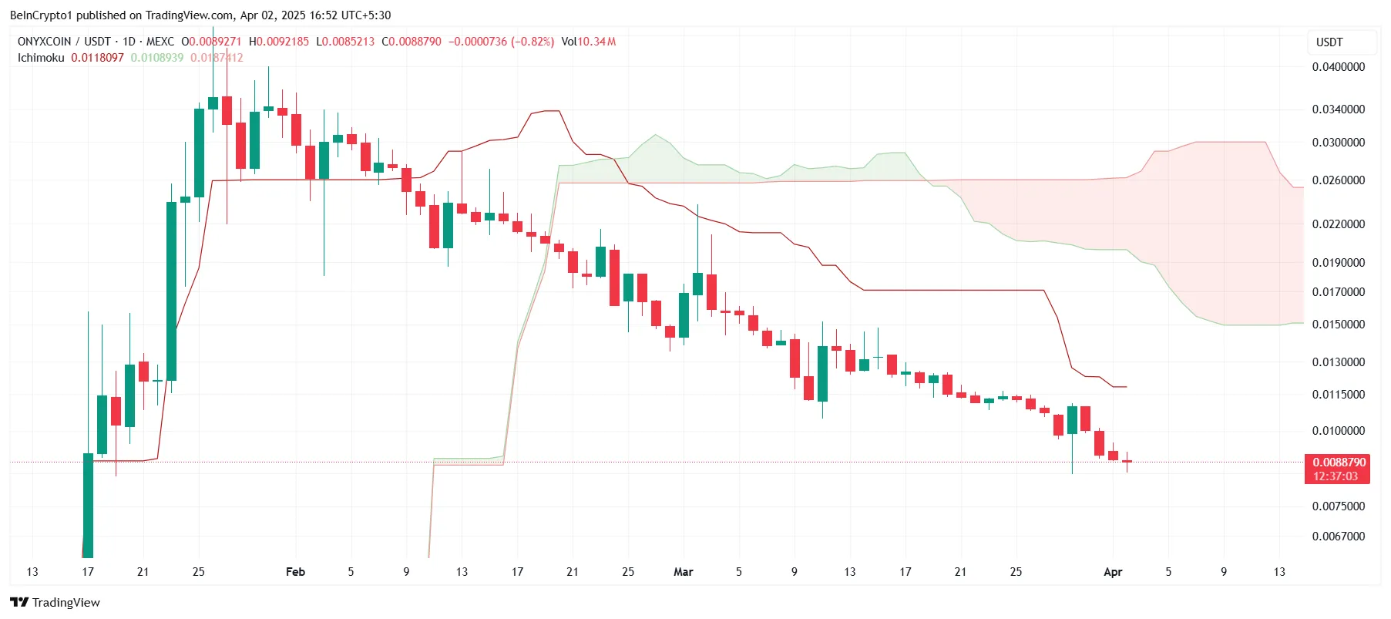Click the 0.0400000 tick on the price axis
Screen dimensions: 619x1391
pos(1338,67)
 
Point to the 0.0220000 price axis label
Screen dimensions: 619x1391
pos(1338,224)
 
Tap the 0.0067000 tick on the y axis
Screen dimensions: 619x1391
pos(1338,537)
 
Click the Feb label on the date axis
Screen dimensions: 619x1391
pos(295,572)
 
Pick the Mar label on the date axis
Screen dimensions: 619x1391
pos(683,572)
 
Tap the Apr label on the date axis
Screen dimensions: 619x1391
pos(1113,572)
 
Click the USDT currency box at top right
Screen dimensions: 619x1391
pos(1329,42)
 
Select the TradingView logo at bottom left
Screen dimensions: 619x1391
pos(55,602)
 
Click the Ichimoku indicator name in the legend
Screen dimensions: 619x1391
pos(41,58)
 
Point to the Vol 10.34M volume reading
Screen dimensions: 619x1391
pos(589,42)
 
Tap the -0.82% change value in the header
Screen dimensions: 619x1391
pos(533,42)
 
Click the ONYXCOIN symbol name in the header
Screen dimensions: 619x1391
pos(44,42)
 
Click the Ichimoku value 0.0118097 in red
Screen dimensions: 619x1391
pos(97,58)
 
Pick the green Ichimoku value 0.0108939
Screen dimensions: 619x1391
pos(157,58)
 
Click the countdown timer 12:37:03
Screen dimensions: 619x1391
pos(1336,476)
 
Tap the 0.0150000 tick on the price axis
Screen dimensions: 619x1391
pos(1338,325)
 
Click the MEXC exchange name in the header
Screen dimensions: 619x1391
pos(160,42)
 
